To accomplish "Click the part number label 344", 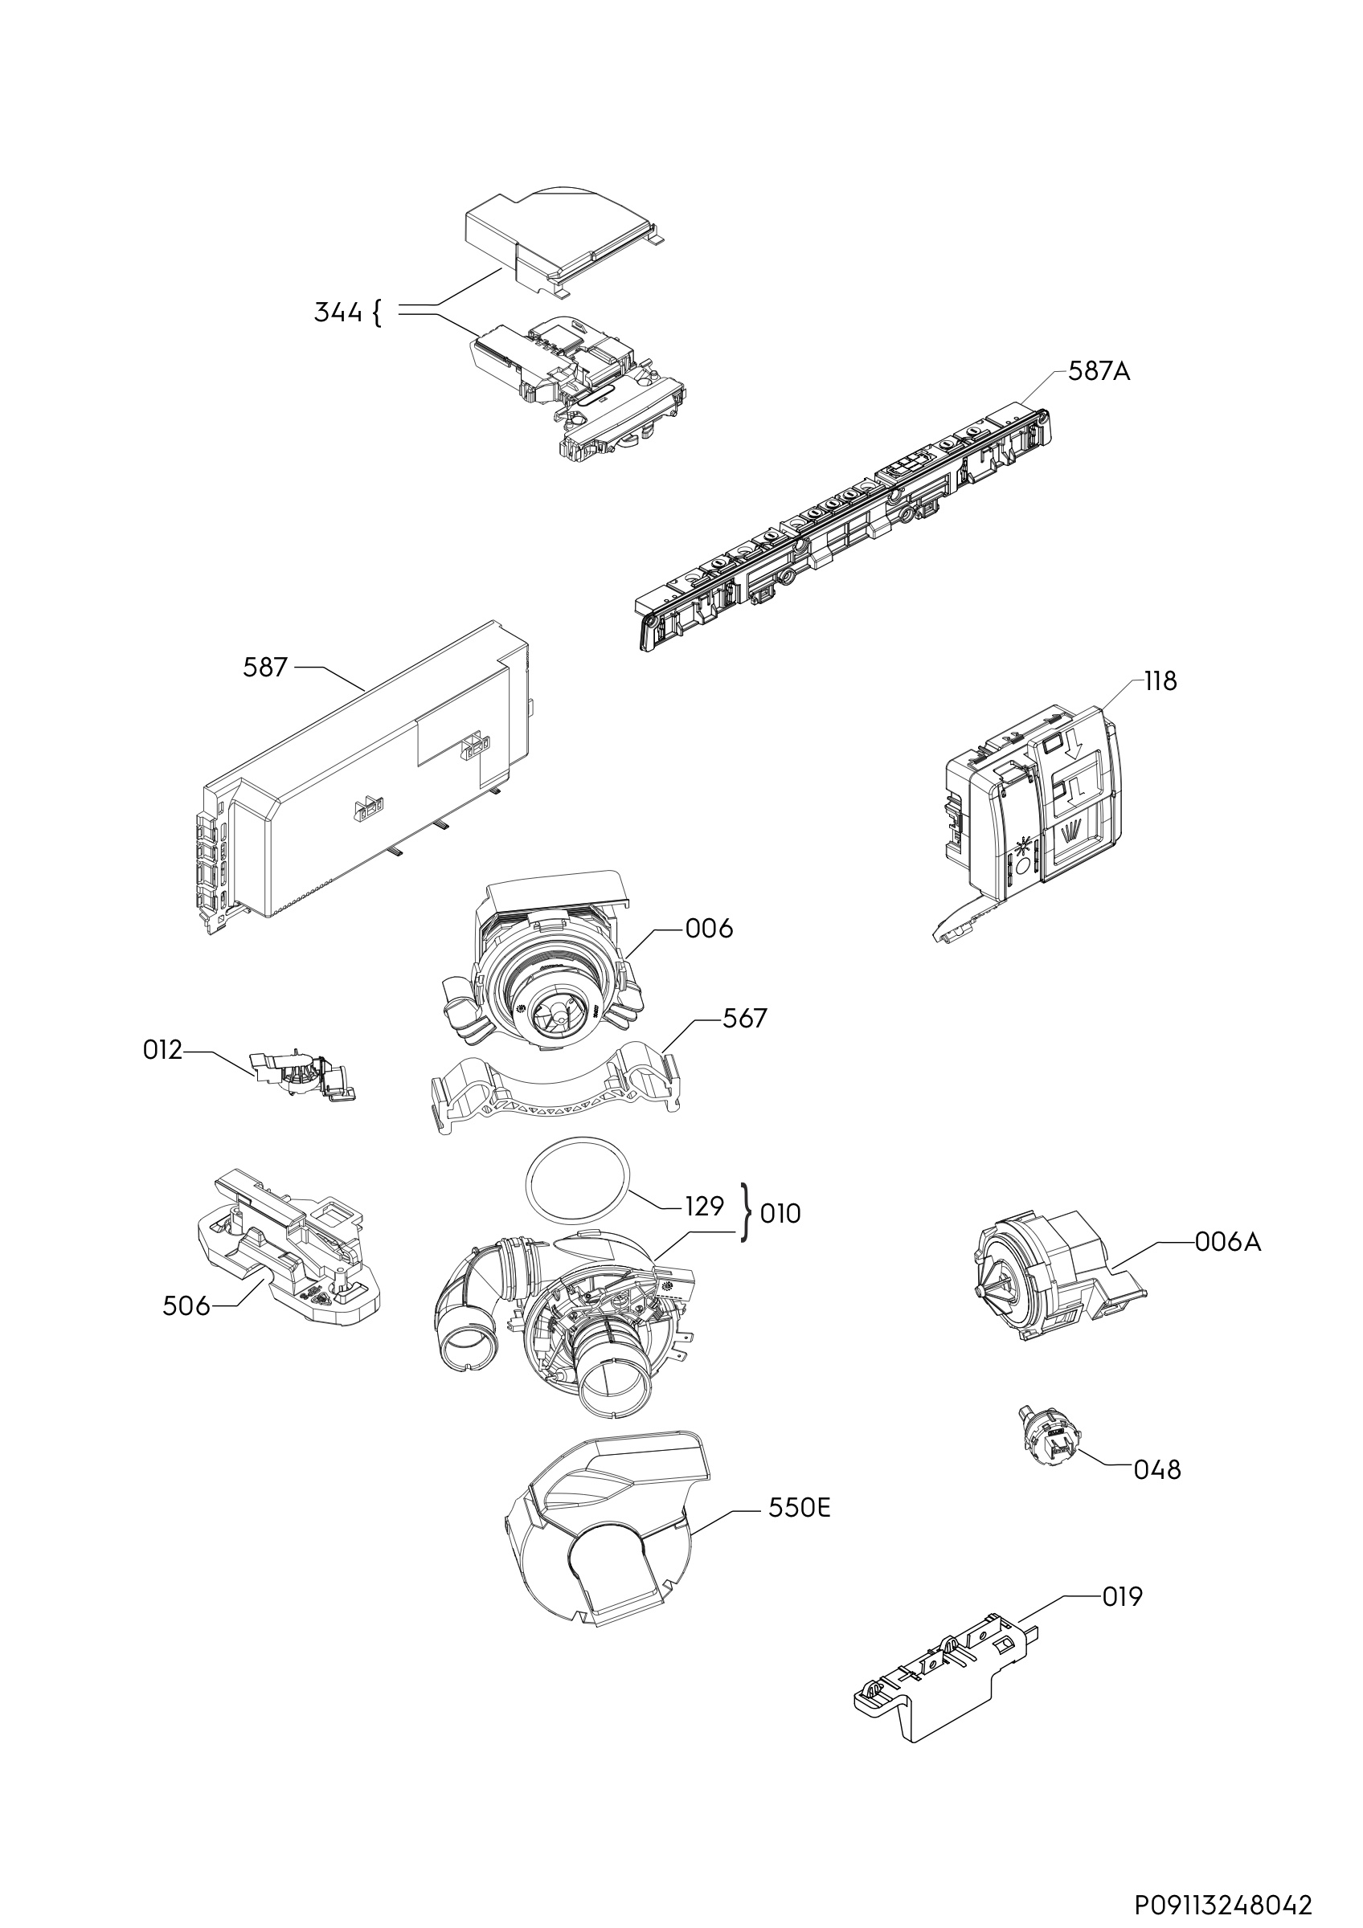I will click(338, 312).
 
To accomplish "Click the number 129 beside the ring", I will click(704, 1207).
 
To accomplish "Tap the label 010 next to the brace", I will click(780, 1213).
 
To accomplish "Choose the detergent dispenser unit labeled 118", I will click(1033, 806).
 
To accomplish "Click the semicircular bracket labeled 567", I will click(555, 1092).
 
